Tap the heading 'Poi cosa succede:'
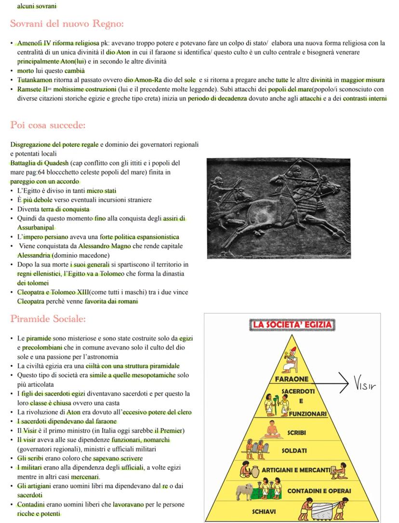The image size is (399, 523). (x=48, y=125)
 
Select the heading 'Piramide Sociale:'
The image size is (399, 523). (x=48, y=319)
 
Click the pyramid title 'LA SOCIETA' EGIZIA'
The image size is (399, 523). (x=292, y=325)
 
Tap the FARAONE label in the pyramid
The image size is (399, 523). (x=292, y=379)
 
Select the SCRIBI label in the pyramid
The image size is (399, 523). (x=297, y=432)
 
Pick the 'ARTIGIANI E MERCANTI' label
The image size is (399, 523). (x=296, y=469)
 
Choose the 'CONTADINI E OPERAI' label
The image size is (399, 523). (x=319, y=491)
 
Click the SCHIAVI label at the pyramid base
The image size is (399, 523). (x=264, y=511)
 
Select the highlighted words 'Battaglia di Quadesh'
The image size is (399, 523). (x=40, y=163)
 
